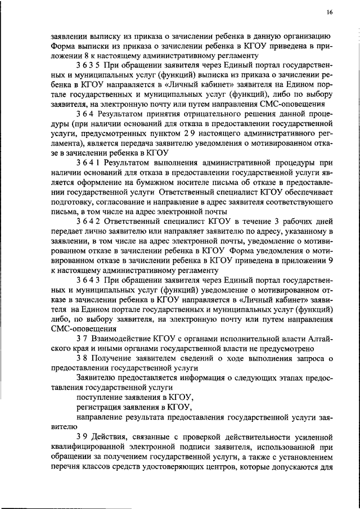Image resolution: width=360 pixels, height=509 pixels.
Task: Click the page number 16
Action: point(329,12)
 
